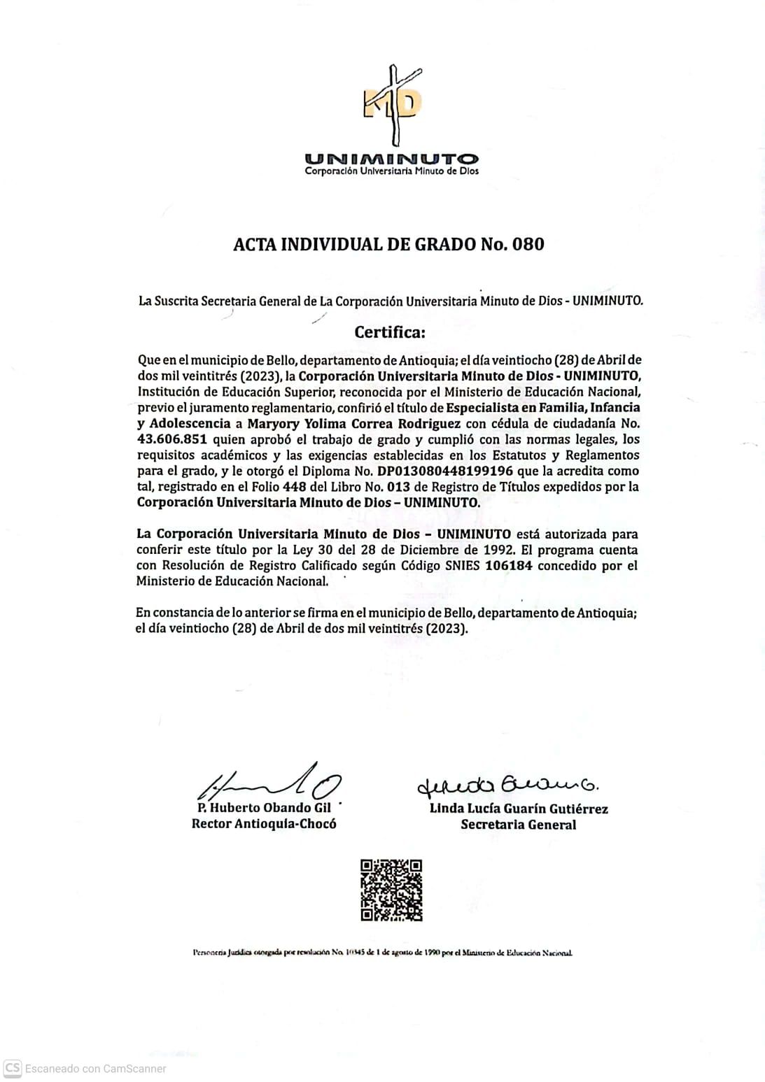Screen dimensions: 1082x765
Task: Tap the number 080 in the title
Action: pos(528,244)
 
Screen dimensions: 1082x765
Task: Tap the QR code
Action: pos(391,890)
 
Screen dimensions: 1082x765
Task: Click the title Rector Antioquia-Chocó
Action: pos(264,824)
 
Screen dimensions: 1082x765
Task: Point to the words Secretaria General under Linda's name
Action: pos(518,825)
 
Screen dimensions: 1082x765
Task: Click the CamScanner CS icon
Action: pos(12,1068)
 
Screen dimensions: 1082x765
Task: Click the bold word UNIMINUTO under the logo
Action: pos(391,160)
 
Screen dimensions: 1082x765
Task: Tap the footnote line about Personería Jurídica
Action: pos(382,953)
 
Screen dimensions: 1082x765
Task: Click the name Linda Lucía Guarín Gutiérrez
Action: pos(518,809)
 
